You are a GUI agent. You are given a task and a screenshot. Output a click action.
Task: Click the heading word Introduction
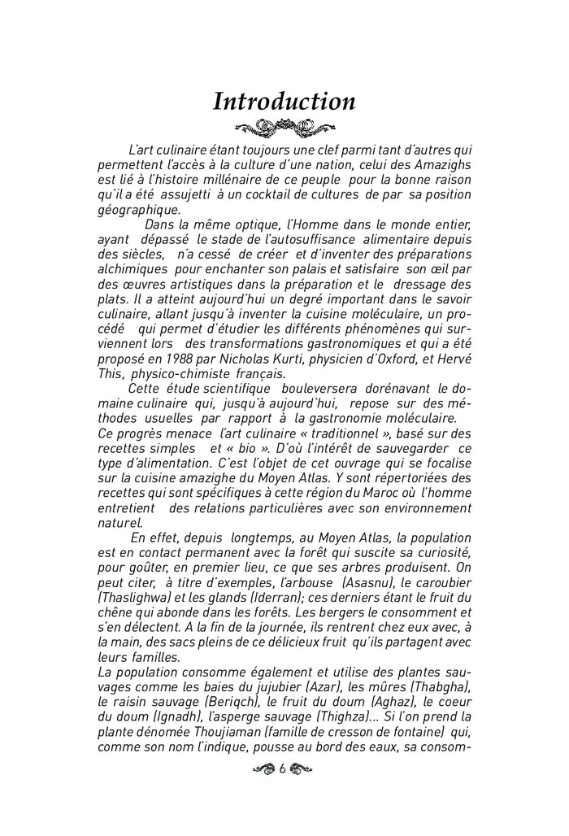284,102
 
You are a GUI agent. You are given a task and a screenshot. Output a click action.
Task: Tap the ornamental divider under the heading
284,127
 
